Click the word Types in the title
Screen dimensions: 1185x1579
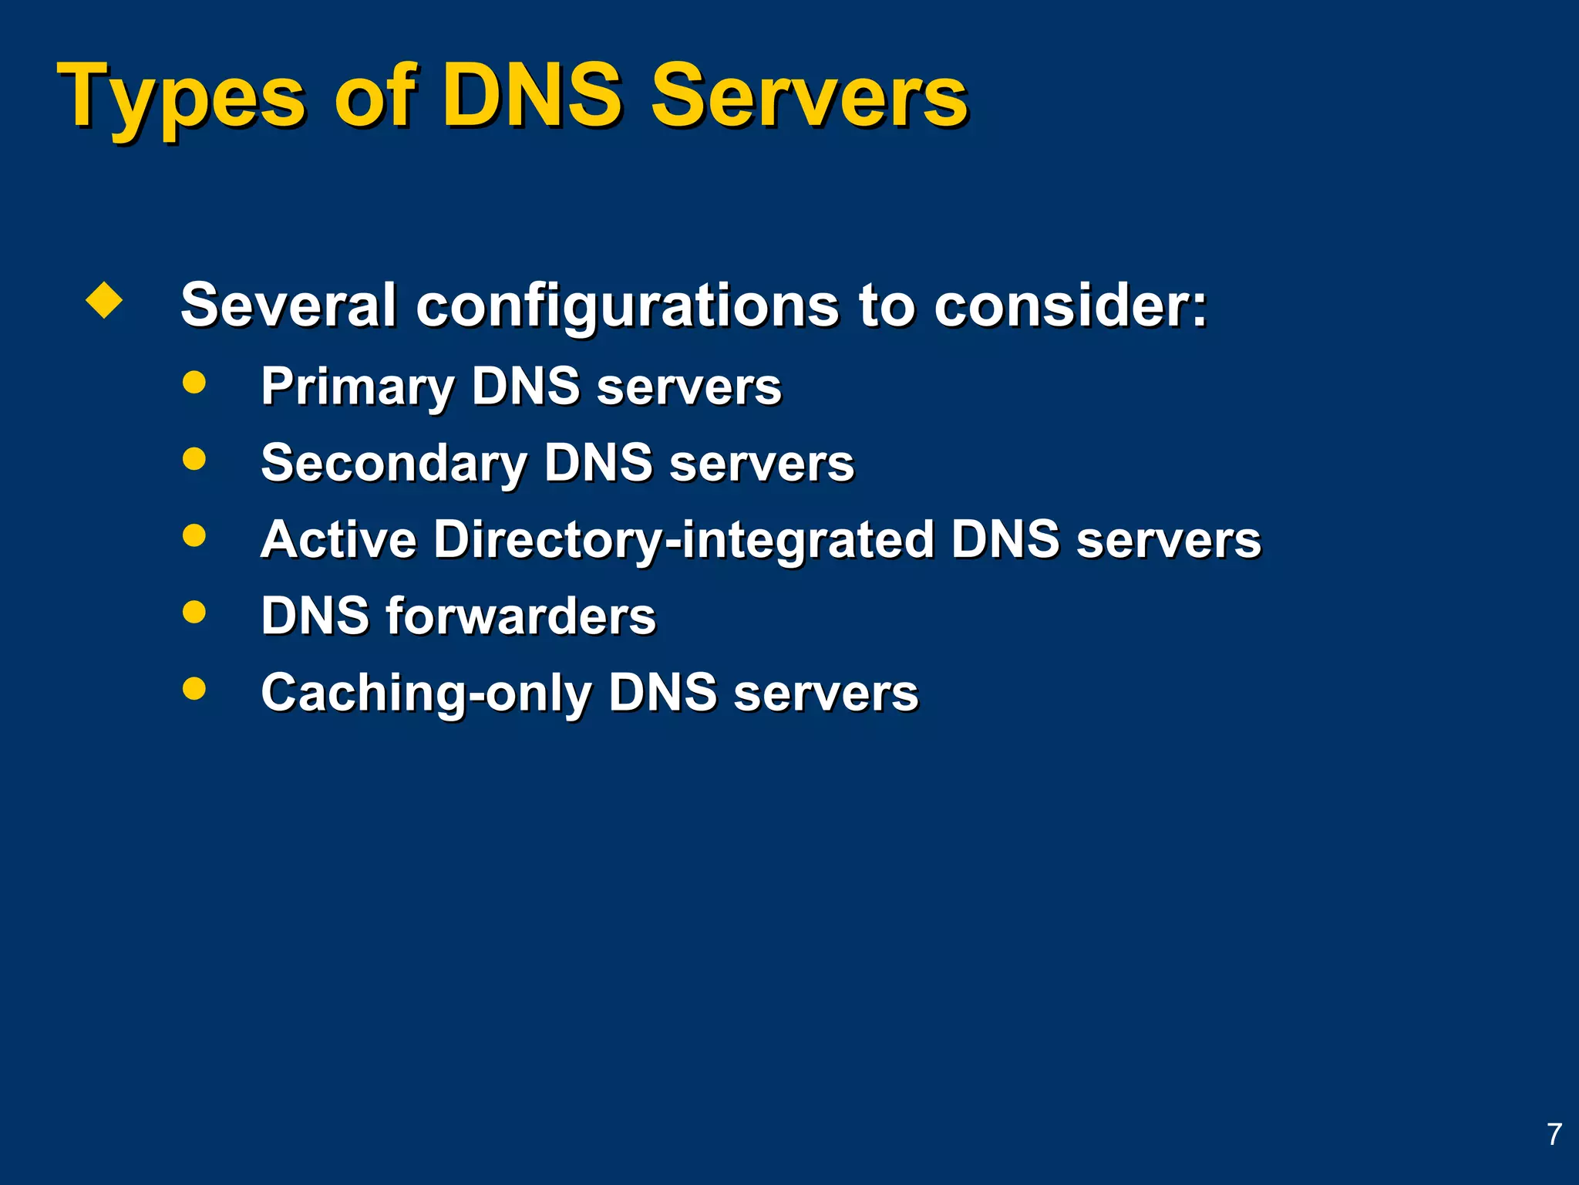[x=181, y=99]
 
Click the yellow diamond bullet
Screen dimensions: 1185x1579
[x=104, y=300]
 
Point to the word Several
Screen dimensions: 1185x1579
[x=288, y=305]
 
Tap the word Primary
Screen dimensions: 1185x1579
[x=358, y=387]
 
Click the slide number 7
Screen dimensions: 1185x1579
[x=1554, y=1134]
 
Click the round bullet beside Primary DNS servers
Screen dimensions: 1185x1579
[x=194, y=382]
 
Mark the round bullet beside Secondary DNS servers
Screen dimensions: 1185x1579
[x=194, y=458]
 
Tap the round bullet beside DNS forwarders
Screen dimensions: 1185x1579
[x=194, y=612]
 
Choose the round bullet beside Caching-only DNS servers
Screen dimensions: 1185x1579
[x=194, y=688]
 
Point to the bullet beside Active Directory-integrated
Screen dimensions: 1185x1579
[x=194, y=535]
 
